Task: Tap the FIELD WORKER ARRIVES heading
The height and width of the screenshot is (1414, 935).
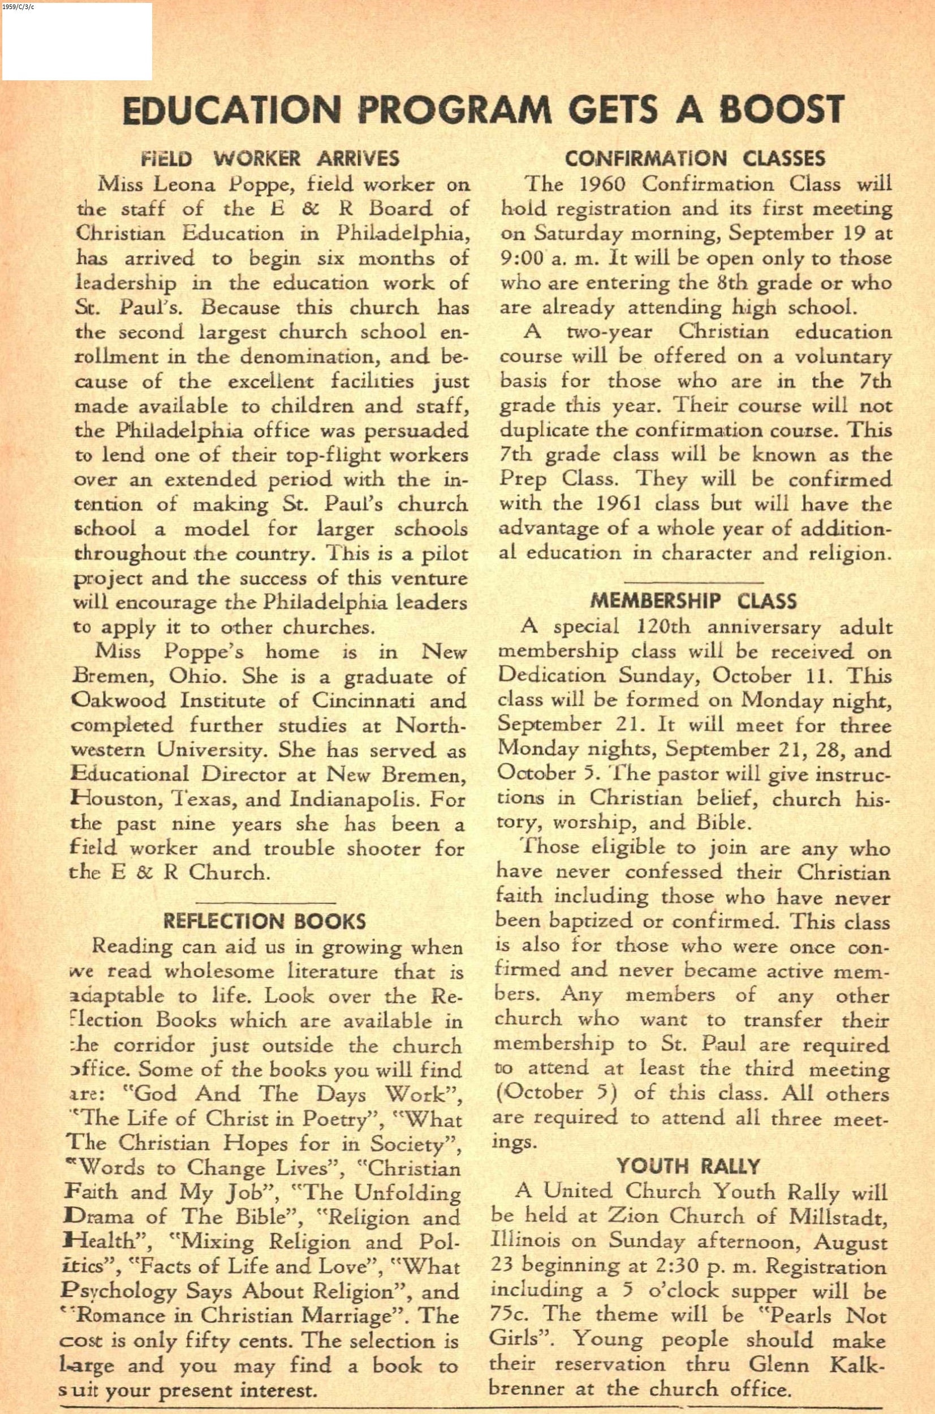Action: [270, 158]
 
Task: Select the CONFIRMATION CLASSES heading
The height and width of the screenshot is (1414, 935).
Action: [695, 158]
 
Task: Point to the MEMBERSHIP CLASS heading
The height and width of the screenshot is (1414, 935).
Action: [693, 601]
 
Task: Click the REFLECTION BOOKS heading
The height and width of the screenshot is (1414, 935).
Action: [264, 921]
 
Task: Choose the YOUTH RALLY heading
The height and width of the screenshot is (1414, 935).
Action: [688, 1166]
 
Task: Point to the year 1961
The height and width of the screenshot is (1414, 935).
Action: [617, 505]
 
